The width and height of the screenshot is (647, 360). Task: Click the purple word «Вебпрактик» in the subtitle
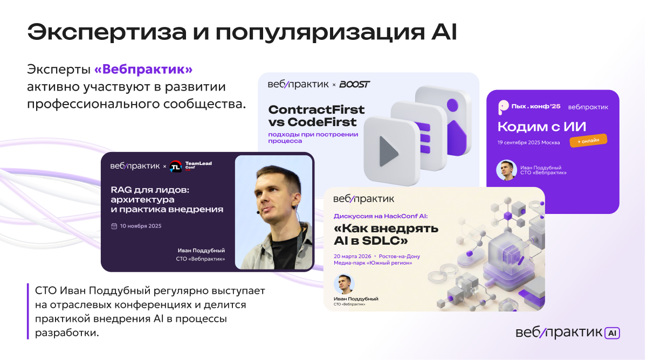pos(143,70)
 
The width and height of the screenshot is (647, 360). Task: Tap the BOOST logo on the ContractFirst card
pos(354,84)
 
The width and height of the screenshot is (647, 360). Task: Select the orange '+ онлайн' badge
pos(588,141)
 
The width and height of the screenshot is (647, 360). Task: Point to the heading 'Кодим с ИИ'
pos(541,127)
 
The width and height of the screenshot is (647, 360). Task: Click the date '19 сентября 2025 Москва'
pos(528,143)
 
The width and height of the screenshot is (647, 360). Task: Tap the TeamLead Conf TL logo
pos(176,167)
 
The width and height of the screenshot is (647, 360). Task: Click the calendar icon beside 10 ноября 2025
pos(114,226)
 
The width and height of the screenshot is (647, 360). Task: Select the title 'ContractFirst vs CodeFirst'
pos(316,116)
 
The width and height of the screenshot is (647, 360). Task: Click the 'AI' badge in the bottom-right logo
pos(612,333)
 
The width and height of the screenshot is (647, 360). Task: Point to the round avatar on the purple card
pos(507,170)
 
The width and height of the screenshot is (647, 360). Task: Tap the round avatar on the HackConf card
pos(344,284)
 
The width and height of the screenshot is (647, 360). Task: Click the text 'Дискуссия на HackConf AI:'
pos(381,216)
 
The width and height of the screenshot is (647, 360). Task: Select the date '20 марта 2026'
pos(353,257)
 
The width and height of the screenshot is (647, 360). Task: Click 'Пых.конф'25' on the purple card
pos(536,106)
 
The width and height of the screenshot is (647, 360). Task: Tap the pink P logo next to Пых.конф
pos(503,107)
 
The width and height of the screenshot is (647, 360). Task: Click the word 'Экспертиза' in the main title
pos(107,32)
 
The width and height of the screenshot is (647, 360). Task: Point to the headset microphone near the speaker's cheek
pos(258,212)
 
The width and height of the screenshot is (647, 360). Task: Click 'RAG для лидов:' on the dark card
pos(150,190)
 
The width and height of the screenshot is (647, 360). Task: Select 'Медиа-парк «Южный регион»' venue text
pos(373,263)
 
